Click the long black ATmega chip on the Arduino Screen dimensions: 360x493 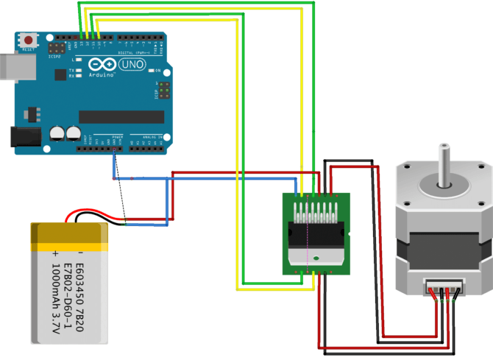point(121,116)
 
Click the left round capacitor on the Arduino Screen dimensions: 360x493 point(56,133)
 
